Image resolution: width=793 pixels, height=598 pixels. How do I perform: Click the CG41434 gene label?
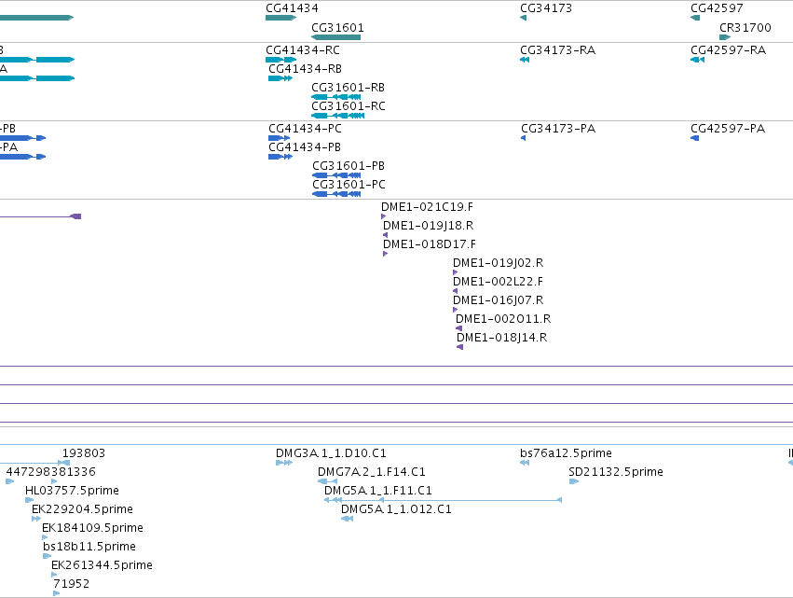[x=292, y=8]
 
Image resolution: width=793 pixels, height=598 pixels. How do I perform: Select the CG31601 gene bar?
[x=335, y=37]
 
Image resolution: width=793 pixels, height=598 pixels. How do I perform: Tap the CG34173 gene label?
[x=546, y=8]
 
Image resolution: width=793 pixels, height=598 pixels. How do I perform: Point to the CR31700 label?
[x=745, y=27]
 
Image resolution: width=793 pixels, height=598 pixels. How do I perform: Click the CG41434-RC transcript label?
[x=303, y=50]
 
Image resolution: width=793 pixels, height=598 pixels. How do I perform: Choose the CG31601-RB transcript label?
[x=348, y=88]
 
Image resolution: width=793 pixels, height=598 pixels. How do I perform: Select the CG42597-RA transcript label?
[x=729, y=50]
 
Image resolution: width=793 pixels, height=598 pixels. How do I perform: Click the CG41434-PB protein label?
[x=305, y=147]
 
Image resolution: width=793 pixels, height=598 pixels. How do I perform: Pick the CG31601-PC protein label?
[x=349, y=185]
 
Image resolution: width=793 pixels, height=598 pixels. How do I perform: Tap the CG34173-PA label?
[x=558, y=129]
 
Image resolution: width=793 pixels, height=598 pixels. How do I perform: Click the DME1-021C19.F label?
[x=428, y=206]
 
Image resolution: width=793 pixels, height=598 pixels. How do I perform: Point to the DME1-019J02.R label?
[x=499, y=263]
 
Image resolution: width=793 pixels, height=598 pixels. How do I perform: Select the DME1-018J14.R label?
[x=501, y=337]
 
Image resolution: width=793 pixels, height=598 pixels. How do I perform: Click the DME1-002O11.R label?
[x=503, y=318]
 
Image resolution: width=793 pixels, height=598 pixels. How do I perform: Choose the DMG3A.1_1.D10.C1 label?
[x=331, y=453]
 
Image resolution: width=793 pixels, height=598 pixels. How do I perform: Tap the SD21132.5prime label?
[x=616, y=472]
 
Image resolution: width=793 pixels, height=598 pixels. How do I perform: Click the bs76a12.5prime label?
[x=566, y=453]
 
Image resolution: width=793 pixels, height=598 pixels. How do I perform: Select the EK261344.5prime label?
[x=102, y=565]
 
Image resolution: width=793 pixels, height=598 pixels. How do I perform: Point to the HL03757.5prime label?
[x=72, y=491]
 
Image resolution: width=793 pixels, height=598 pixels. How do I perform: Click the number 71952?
[x=72, y=584]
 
